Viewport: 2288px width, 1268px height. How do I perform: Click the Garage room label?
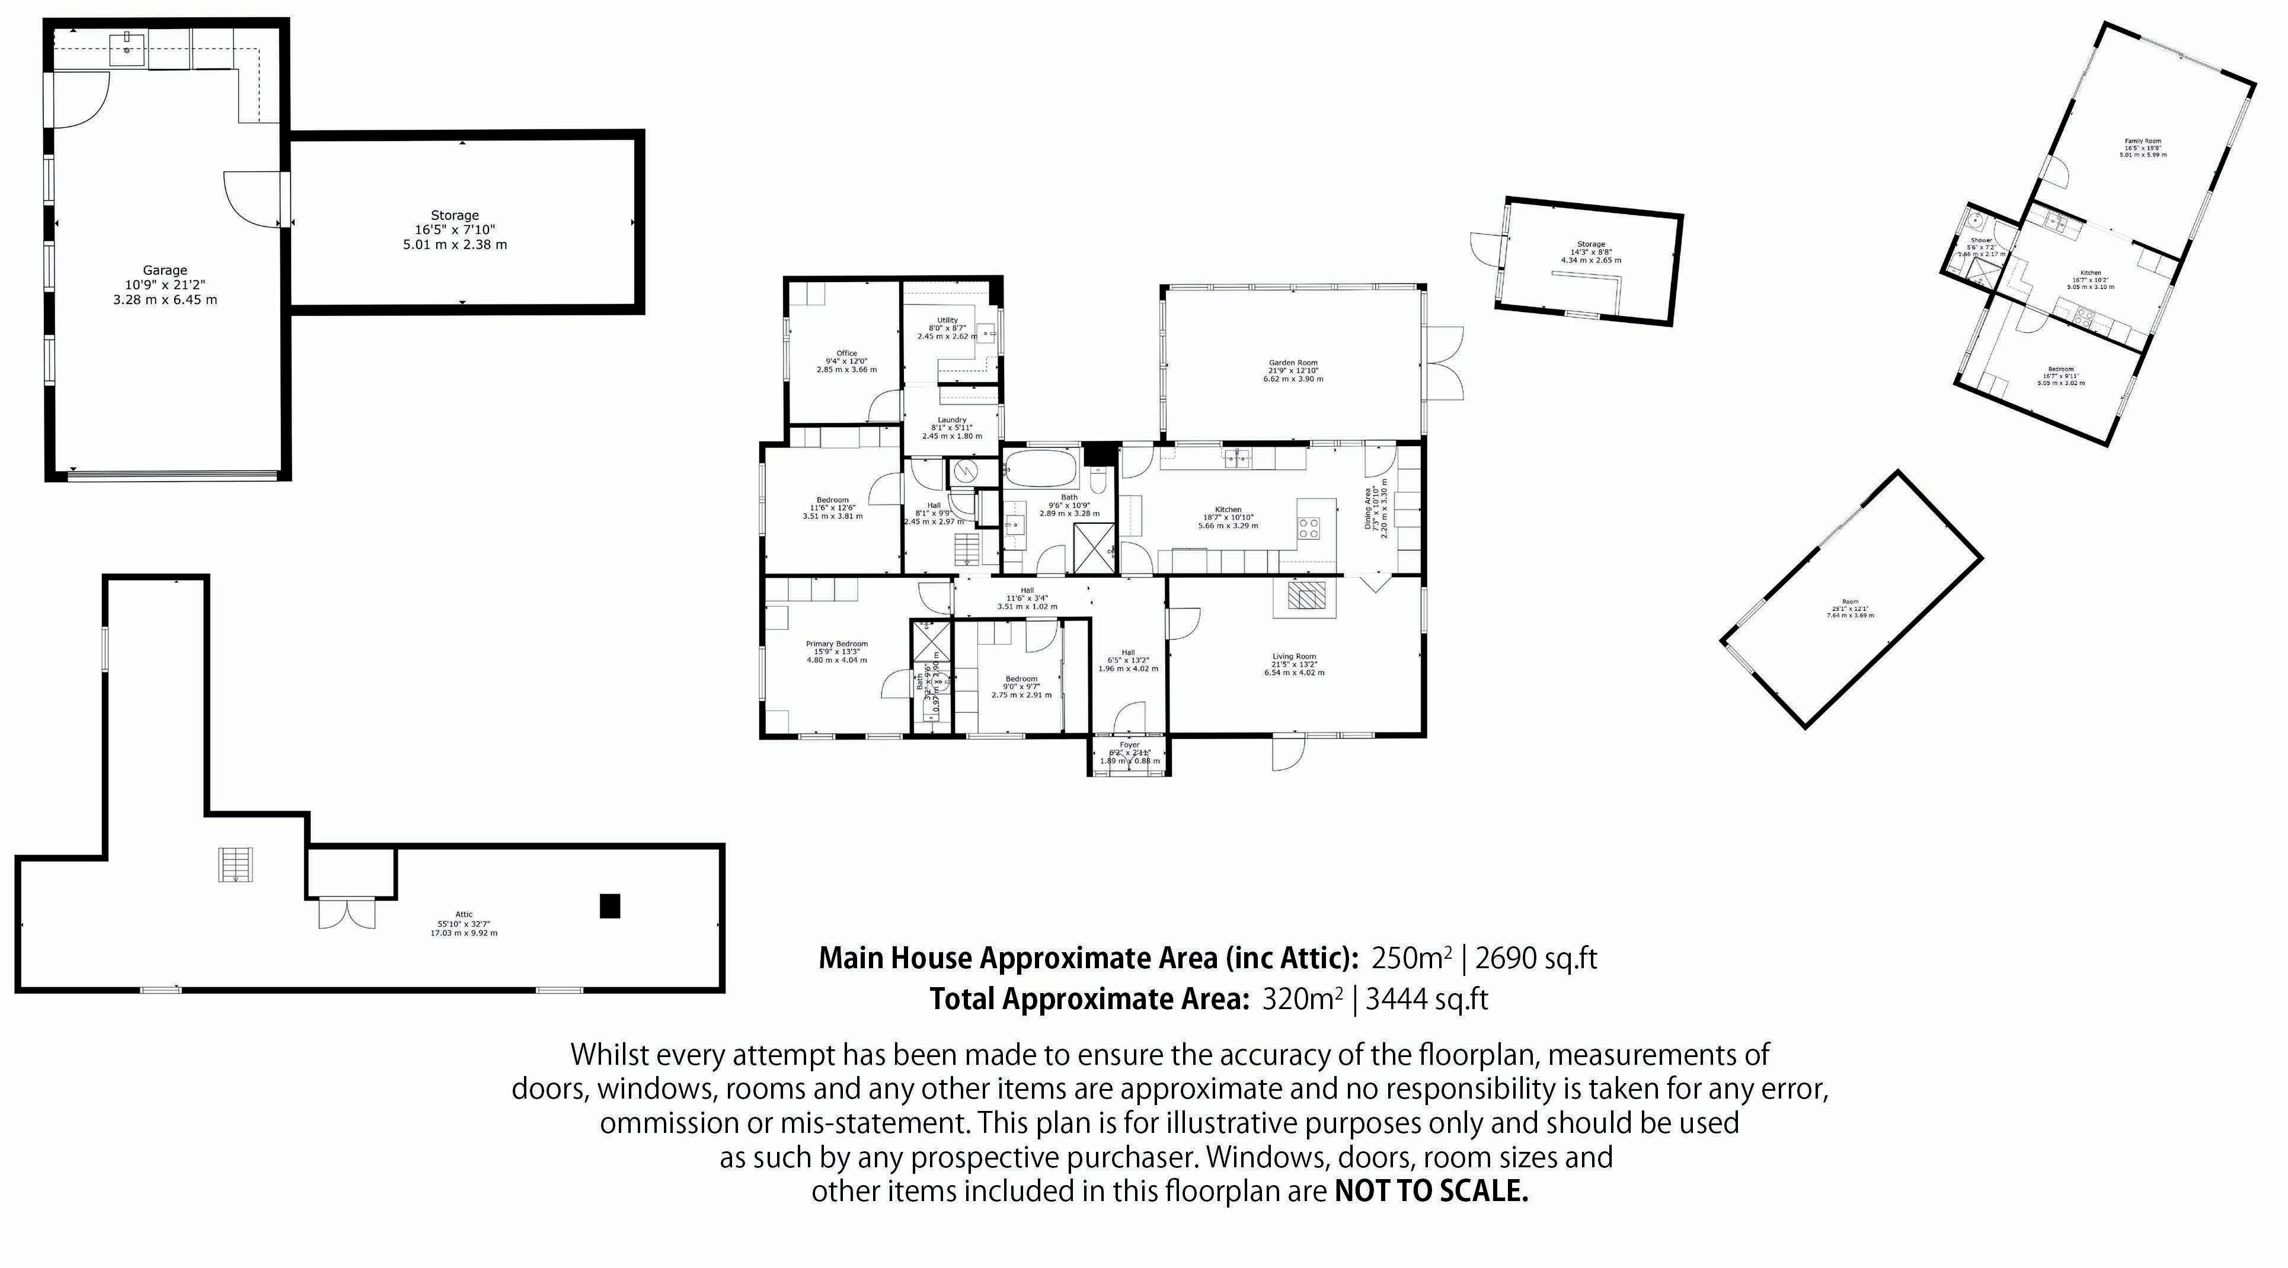(165, 271)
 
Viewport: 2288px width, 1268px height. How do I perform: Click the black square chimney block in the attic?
(609, 906)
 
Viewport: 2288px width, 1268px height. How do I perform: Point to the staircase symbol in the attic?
(235, 865)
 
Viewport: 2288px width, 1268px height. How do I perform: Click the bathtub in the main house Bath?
(1041, 469)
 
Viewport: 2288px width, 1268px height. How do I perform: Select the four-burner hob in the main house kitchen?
(1308, 529)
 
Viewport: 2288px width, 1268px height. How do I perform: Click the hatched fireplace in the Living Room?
(1305, 595)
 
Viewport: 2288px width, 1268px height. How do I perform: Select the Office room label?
(846, 353)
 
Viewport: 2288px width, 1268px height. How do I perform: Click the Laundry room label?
(951, 420)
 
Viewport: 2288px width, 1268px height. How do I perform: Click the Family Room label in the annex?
(2142, 141)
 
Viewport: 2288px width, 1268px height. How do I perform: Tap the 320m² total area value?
(1301, 1000)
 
